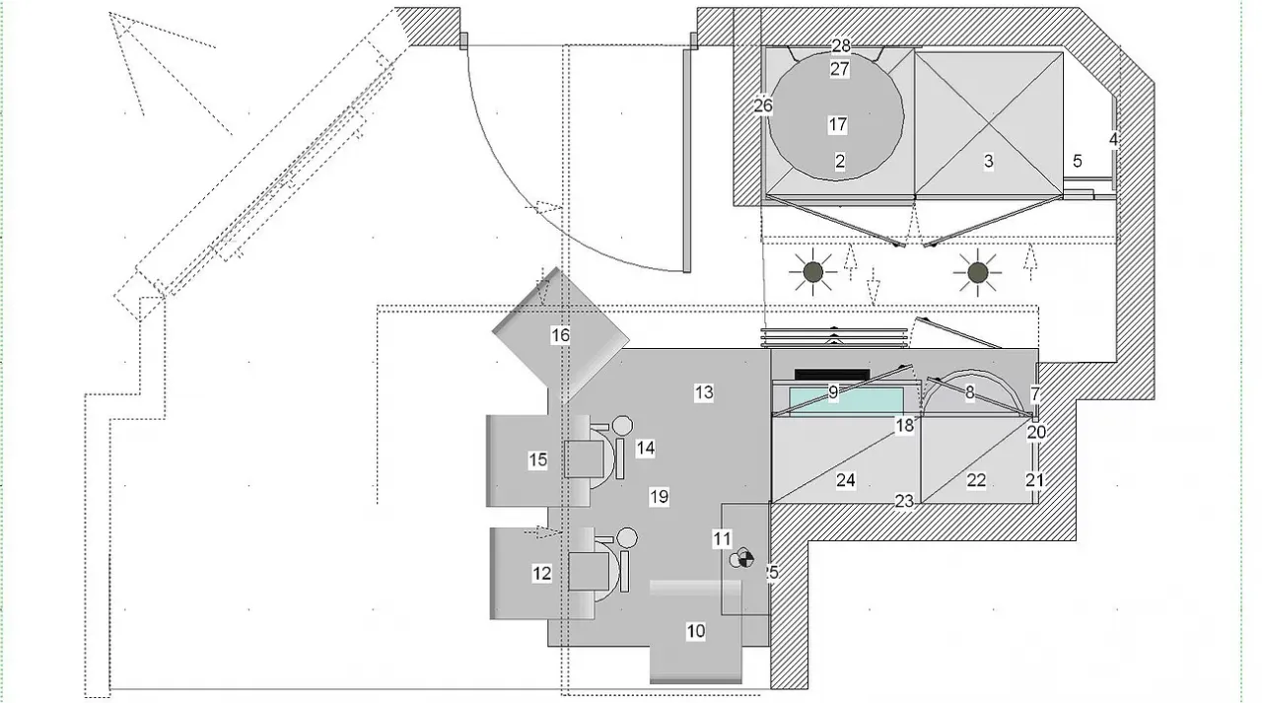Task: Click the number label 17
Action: coord(838,125)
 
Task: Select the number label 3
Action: coord(988,162)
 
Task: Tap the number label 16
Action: coord(560,336)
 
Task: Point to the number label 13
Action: coord(703,392)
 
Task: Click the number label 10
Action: coord(696,631)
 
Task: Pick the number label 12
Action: coord(542,573)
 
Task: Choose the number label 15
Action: coord(537,459)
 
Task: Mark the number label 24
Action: coord(845,480)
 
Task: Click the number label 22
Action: coord(976,480)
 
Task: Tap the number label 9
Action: coord(833,392)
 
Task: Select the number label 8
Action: coord(969,392)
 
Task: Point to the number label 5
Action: coord(1078,161)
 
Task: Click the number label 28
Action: coord(841,46)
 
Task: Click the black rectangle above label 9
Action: coord(831,375)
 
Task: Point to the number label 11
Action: coord(723,538)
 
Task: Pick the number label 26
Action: coord(763,105)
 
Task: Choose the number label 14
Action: coord(646,448)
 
